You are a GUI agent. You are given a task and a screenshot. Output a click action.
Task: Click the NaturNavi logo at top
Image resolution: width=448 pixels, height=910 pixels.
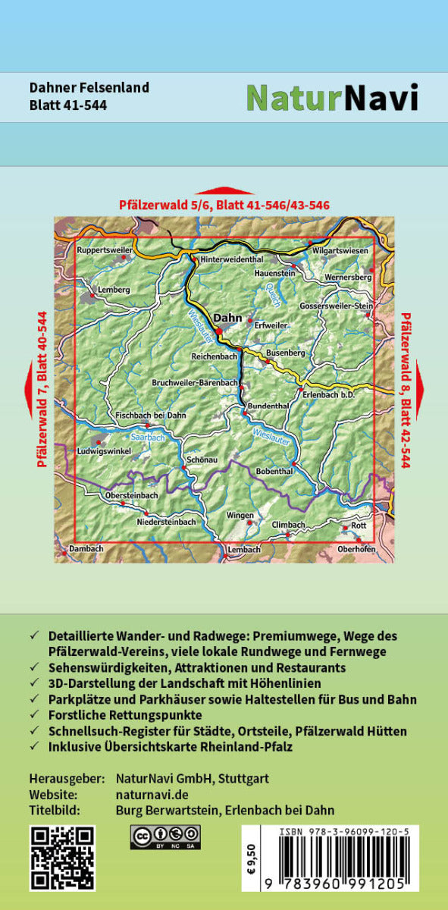coord(332,97)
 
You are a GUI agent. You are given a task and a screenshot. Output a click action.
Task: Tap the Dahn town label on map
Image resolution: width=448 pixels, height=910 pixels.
coord(227,318)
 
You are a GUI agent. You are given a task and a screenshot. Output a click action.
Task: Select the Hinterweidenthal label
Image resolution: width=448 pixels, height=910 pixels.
coord(230,259)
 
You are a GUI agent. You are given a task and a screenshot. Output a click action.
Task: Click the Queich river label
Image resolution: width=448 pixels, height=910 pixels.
coord(273,292)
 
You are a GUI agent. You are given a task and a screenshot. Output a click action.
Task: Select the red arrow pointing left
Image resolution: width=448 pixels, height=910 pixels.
coord(29,389)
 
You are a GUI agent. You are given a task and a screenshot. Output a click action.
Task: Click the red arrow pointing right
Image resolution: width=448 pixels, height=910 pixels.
coord(418,389)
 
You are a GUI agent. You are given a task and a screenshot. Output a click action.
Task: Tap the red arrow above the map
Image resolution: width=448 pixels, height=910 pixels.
coord(224,191)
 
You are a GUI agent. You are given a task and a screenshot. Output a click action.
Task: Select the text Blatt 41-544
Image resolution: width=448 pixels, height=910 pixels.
coord(68,105)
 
